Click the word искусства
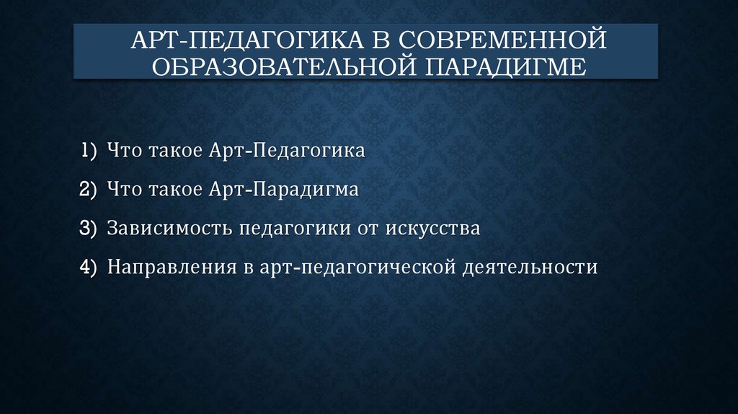pyautogui.click(x=432, y=229)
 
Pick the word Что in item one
pyautogui.click(x=123, y=151)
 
